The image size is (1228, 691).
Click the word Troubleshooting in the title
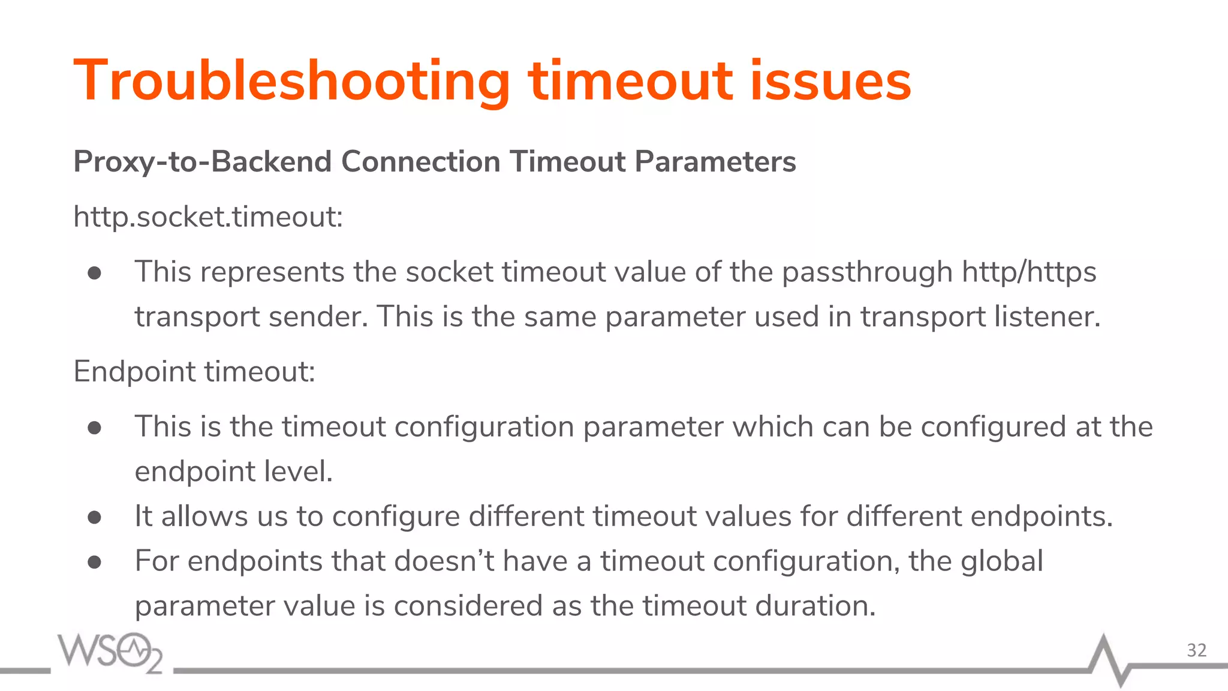[x=291, y=81]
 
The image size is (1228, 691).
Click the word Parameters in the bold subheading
[x=715, y=162]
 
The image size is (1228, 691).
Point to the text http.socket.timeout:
[x=208, y=217]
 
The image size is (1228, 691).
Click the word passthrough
[x=867, y=272]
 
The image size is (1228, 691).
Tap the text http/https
[x=1029, y=272]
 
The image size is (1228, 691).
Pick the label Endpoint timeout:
[x=194, y=372]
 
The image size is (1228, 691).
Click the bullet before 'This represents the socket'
[x=94, y=274]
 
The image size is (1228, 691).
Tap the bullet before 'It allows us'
[x=94, y=517]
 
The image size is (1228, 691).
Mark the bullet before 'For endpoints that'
[x=94, y=562]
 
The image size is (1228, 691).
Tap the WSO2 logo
[x=110, y=652]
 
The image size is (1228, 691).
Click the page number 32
[x=1197, y=650]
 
